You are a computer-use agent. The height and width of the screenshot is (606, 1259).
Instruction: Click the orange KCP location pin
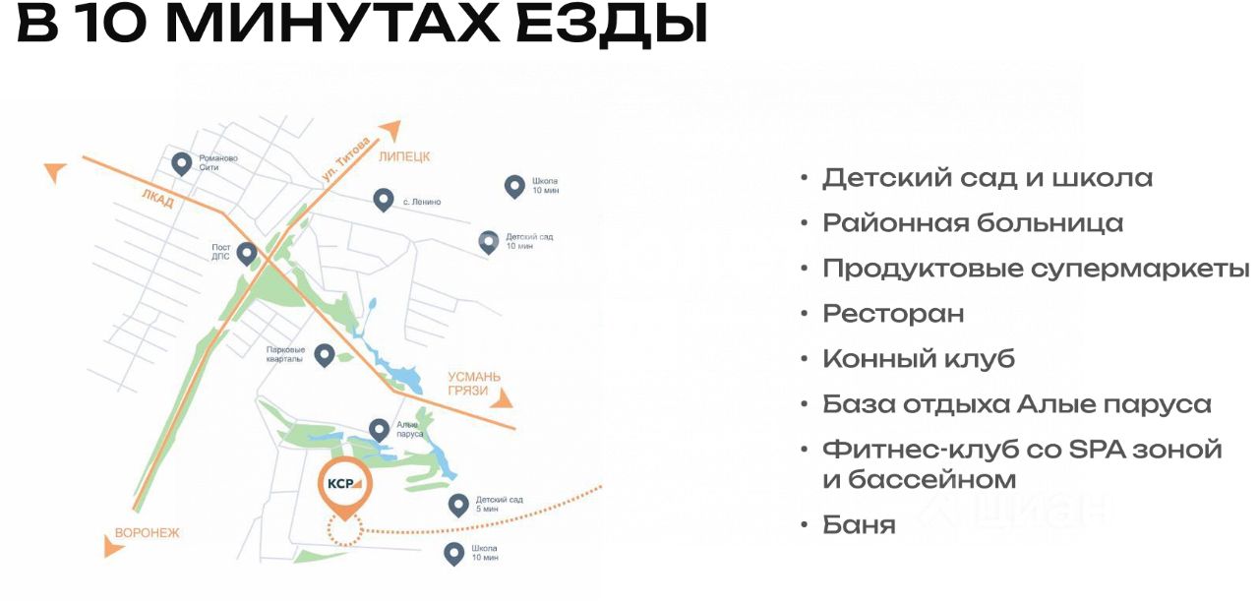(x=344, y=485)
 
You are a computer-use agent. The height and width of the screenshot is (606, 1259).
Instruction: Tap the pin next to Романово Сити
(x=181, y=162)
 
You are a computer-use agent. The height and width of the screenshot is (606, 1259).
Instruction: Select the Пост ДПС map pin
(x=247, y=253)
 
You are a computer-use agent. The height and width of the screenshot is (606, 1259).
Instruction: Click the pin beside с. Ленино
(x=384, y=200)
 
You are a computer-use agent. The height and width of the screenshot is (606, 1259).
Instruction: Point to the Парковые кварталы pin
(x=324, y=354)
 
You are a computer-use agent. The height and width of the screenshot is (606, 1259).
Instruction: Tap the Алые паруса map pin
(x=379, y=429)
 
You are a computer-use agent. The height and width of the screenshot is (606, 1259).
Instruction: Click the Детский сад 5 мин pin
(x=457, y=505)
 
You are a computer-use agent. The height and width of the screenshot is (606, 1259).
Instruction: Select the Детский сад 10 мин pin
(x=489, y=241)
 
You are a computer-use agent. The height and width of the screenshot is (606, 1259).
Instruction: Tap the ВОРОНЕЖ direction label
(x=149, y=532)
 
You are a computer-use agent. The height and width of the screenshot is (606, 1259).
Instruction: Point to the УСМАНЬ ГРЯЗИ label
(x=474, y=384)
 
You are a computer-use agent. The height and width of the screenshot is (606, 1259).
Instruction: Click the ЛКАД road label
(x=157, y=200)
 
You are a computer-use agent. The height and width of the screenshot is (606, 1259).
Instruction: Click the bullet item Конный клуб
(x=918, y=359)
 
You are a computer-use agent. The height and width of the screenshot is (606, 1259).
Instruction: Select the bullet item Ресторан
(x=893, y=314)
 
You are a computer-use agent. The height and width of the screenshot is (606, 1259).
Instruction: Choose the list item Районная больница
(x=972, y=223)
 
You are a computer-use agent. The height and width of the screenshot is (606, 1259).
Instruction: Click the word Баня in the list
(x=859, y=525)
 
